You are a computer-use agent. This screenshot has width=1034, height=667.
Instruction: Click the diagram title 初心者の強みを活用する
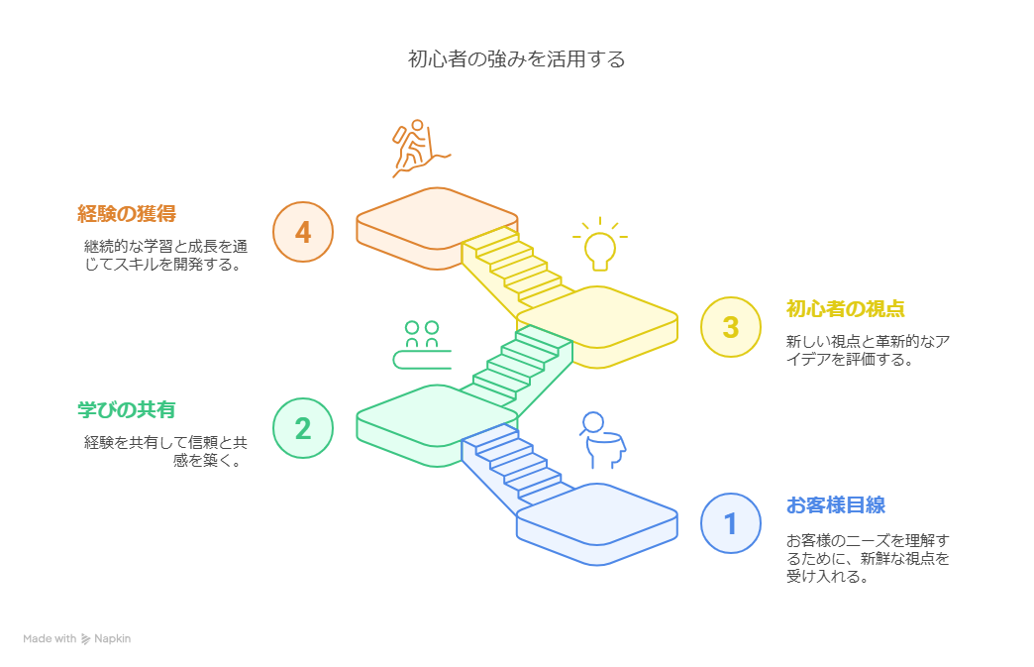[x=516, y=59]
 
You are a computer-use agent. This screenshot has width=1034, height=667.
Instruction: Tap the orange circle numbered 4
[x=303, y=232]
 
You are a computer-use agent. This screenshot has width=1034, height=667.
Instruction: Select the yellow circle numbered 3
[x=731, y=327]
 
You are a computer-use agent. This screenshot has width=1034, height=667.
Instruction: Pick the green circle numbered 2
[x=303, y=428]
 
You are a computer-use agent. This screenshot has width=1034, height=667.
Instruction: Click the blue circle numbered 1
[x=731, y=523]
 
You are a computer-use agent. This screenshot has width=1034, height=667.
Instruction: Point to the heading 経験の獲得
[x=127, y=214]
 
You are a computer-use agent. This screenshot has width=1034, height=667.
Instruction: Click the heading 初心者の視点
[x=846, y=309]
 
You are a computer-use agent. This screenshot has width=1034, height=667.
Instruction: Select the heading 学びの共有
[x=127, y=409]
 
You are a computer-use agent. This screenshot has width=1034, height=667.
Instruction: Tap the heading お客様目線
[x=836, y=505]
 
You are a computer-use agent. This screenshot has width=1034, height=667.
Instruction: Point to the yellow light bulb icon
[x=599, y=244]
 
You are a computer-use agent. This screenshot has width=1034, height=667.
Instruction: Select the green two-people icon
[x=422, y=345]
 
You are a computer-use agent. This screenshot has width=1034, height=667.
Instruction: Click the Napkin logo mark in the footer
[x=86, y=638]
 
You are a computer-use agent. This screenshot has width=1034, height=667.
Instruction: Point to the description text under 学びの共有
[x=165, y=451]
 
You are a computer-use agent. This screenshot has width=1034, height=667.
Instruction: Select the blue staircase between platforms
[x=518, y=465]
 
